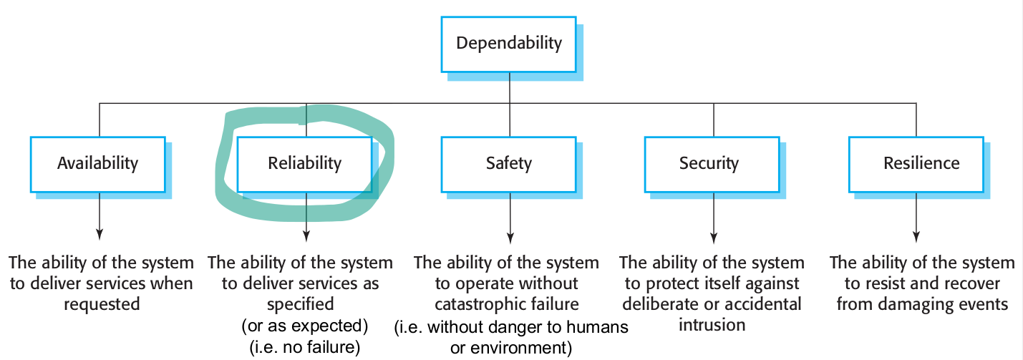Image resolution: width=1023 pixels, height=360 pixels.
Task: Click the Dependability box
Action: [x=509, y=43]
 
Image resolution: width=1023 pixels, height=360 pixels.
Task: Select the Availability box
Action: [x=98, y=163]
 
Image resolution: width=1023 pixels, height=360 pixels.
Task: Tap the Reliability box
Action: [x=304, y=163]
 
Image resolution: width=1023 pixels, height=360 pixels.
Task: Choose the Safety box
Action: [x=509, y=163]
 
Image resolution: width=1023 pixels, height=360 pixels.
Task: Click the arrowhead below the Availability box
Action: [x=99, y=233]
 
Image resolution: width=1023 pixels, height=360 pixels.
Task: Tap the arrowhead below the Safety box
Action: [x=510, y=233]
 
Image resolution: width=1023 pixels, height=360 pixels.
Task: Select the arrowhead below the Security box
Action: [x=713, y=233]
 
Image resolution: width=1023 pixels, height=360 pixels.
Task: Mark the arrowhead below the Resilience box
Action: [x=917, y=233]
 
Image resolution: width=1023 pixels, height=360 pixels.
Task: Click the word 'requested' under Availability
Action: [x=102, y=304]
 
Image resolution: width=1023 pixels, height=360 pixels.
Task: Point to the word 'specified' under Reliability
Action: [x=301, y=304]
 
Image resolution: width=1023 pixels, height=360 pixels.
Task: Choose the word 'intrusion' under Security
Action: [x=712, y=325]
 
